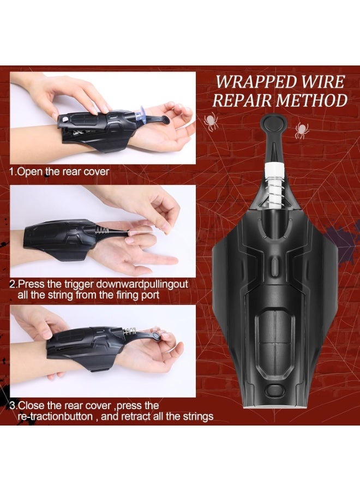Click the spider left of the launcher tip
pyautogui.click(x=211, y=121)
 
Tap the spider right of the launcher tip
pyautogui.click(x=301, y=130)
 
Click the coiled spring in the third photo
pyautogui.click(x=130, y=332)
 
